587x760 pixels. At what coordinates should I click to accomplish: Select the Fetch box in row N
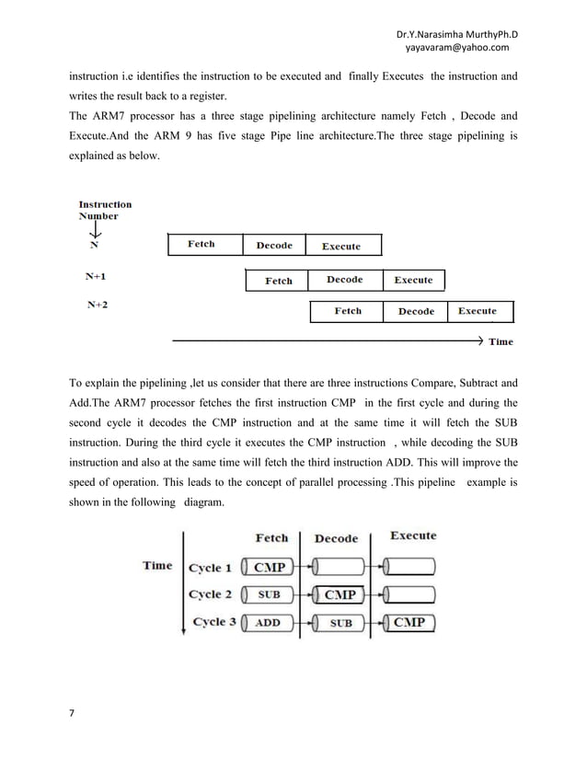coord(203,245)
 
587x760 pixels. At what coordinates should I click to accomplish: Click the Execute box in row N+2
coord(477,312)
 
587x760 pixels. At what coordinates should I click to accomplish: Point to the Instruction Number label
coord(104,211)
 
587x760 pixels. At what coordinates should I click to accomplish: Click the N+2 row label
coord(97,305)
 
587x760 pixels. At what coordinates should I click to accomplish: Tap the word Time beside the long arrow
coord(501,342)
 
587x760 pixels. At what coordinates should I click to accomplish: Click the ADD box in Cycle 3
coord(268,623)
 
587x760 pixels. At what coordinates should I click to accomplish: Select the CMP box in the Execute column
coord(409,623)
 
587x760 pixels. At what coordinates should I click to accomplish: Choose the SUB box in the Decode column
coord(340,623)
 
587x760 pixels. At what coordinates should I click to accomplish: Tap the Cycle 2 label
coord(211,594)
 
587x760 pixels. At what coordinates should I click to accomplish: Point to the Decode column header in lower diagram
coord(336,539)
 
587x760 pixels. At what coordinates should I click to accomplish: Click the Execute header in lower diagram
coord(413,535)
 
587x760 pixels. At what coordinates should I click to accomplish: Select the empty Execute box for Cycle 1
coord(409,568)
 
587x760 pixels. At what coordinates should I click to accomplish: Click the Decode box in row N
coord(274,245)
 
